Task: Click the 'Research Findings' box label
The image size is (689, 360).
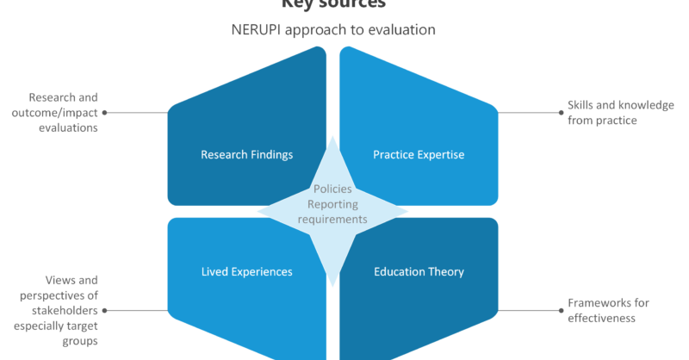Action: coord(246,155)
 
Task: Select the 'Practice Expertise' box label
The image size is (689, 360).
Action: coord(419,155)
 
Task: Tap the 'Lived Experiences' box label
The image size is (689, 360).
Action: coord(246,271)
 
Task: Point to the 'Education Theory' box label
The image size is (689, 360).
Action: coord(419,271)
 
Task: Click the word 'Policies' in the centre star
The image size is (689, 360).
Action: coord(332,189)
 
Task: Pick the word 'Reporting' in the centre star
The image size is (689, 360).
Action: coord(332,204)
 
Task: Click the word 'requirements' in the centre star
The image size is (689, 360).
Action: coord(332,220)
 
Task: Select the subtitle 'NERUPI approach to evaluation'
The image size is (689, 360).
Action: coord(332,29)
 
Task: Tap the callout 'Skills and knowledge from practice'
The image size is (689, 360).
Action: coord(608,112)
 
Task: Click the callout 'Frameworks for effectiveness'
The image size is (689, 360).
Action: coord(608,310)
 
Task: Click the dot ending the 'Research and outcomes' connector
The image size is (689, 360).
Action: coord(104,112)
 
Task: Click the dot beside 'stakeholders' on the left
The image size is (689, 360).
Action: coord(104,309)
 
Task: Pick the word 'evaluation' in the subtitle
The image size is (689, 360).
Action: coord(404,29)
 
